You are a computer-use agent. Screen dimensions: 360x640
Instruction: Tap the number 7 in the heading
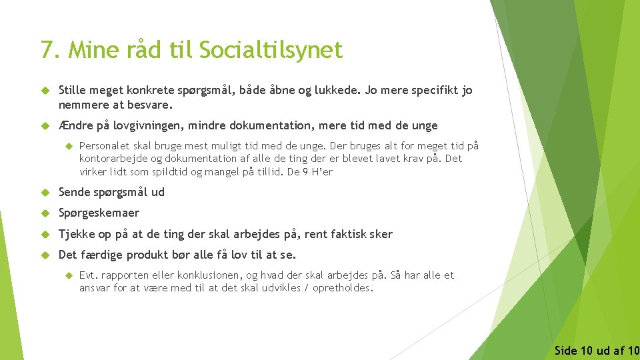pos(47,50)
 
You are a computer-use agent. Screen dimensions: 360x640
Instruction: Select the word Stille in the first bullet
pos(73,90)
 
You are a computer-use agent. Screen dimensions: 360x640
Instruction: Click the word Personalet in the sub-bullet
pos(103,145)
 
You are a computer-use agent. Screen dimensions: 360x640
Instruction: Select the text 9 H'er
pos(317,171)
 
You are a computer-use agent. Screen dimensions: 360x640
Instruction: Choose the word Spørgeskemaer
pos(99,213)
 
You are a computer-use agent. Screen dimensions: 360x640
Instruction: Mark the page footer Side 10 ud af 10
pos(596,350)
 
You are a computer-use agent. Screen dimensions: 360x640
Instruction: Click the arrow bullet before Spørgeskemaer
pos(45,213)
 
